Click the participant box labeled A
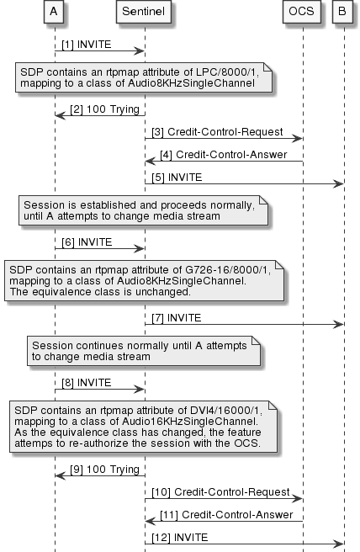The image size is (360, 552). coord(54,13)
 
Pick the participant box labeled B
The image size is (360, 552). coord(343,13)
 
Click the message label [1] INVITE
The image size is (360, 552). coord(86,43)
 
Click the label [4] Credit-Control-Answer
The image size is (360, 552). coord(226,155)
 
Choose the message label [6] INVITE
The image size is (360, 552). coord(86,242)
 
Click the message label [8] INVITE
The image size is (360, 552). coord(86,383)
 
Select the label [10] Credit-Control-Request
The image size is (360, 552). coord(221,491)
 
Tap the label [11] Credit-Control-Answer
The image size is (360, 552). coord(230,513)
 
